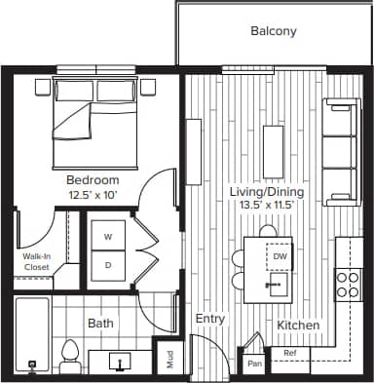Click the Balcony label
click(274, 31)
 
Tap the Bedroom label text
click(93, 180)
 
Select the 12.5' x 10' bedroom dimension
click(93, 195)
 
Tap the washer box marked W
click(108, 237)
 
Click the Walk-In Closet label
click(36, 261)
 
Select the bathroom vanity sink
click(120, 362)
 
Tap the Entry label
click(210, 319)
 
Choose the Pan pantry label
click(254, 363)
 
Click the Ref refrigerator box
click(289, 354)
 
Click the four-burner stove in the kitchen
click(349, 283)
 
